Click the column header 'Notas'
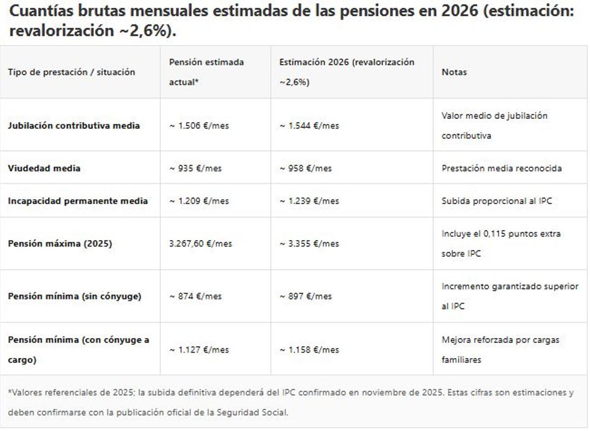(x=454, y=72)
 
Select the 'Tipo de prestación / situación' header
(x=71, y=72)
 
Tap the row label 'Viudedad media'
(x=44, y=168)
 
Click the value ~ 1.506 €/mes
(x=199, y=125)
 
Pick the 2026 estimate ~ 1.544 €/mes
(x=309, y=125)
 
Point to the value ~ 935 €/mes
(x=196, y=168)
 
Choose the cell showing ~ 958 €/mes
(x=306, y=168)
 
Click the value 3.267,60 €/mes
(x=201, y=244)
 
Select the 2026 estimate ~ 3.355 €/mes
(x=309, y=244)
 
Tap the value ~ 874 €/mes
(x=196, y=296)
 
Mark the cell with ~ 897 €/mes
(x=306, y=296)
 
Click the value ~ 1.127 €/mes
(x=199, y=350)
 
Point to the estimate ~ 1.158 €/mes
(x=309, y=350)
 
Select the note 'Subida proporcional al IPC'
(x=497, y=201)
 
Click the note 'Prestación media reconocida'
(x=501, y=168)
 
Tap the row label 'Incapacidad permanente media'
(x=78, y=201)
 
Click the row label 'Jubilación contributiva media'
(x=74, y=125)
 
